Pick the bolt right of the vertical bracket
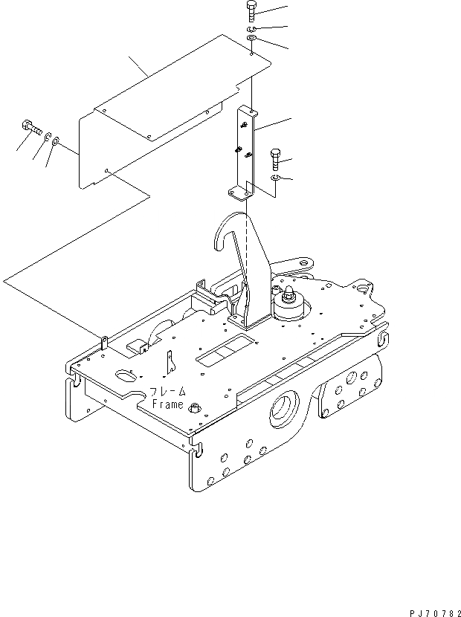[275, 158]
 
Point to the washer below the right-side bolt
[276, 178]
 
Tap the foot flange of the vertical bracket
[239, 193]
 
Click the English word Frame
[167, 404]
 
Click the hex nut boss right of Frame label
[196, 407]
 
